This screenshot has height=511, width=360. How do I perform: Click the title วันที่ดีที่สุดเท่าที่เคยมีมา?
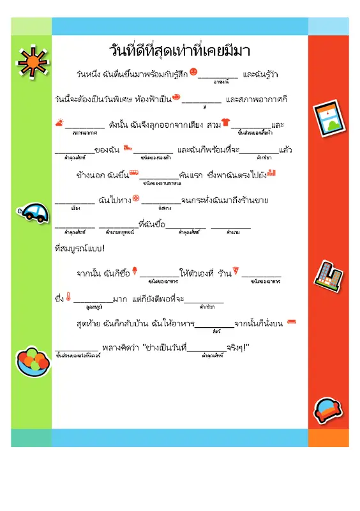tap(179, 50)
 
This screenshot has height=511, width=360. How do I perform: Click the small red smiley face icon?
tap(194, 73)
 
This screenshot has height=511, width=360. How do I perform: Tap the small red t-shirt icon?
tap(226, 121)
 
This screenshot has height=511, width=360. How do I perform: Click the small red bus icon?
tap(133, 172)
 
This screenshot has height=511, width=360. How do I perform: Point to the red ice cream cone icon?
tap(135, 272)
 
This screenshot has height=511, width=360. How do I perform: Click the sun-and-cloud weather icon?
tap(59, 122)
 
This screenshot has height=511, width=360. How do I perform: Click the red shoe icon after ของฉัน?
tap(128, 148)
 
